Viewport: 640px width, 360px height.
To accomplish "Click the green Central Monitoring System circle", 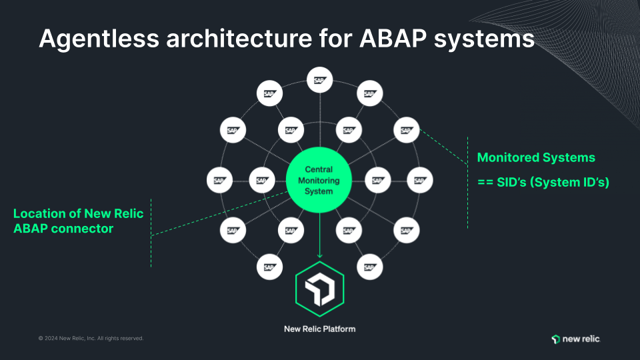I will point(319,181).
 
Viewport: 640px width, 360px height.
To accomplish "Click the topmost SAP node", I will point(319,80).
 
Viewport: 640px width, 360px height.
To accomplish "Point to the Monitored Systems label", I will point(536,158).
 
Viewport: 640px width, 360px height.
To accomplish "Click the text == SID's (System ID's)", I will point(543,182).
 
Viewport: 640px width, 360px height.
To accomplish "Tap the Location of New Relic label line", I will point(79,214).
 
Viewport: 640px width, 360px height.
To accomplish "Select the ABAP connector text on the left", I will point(63,229).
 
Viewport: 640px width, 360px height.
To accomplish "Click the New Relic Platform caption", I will point(319,329).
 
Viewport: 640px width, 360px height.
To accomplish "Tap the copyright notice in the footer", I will point(91,339).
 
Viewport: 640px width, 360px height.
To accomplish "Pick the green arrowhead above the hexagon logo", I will point(319,255).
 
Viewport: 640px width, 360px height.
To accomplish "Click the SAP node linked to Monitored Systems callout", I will point(406,130).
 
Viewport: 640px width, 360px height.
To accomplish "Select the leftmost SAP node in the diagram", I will point(219,180).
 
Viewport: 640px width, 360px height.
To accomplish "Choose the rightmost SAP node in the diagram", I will point(419,180).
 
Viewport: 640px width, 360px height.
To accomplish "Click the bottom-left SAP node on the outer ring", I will point(269,267).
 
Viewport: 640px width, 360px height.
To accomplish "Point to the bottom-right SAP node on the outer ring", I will point(369,267).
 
